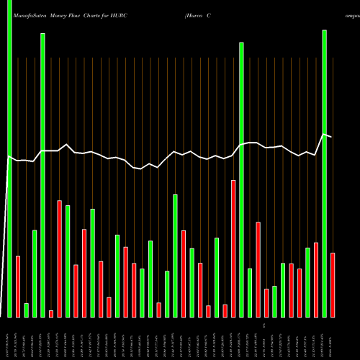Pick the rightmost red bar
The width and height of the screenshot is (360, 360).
click(333, 284)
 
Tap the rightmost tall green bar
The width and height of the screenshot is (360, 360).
click(324, 173)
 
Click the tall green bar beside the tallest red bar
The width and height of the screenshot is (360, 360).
click(241, 179)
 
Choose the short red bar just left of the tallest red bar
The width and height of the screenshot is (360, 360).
click(225, 310)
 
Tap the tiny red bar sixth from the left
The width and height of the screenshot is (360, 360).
click(51, 313)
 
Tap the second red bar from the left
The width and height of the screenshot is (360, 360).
click(59, 258)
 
